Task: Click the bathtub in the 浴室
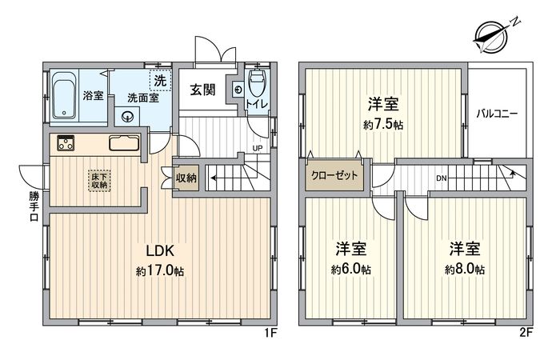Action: (x=64, y=96)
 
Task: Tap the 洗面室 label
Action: (x=142, y=98)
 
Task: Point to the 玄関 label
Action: (x=202, y=90)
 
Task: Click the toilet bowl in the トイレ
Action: (x=256, y=83)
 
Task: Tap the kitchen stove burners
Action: (x=65, y=145)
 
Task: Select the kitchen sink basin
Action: (x=123, y=145)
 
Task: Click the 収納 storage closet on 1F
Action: (x=186, y=178)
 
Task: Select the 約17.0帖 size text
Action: (x=160, y=270)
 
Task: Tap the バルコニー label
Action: (x=497, y=114)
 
